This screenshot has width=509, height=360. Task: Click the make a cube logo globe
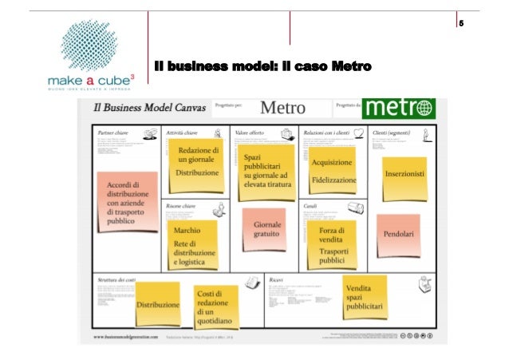tap(84, 46)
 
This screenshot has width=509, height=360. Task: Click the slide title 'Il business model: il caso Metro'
tap(262, 66)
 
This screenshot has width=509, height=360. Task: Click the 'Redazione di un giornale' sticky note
tap(192, 160)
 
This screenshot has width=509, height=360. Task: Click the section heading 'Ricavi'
tap(277, 279)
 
